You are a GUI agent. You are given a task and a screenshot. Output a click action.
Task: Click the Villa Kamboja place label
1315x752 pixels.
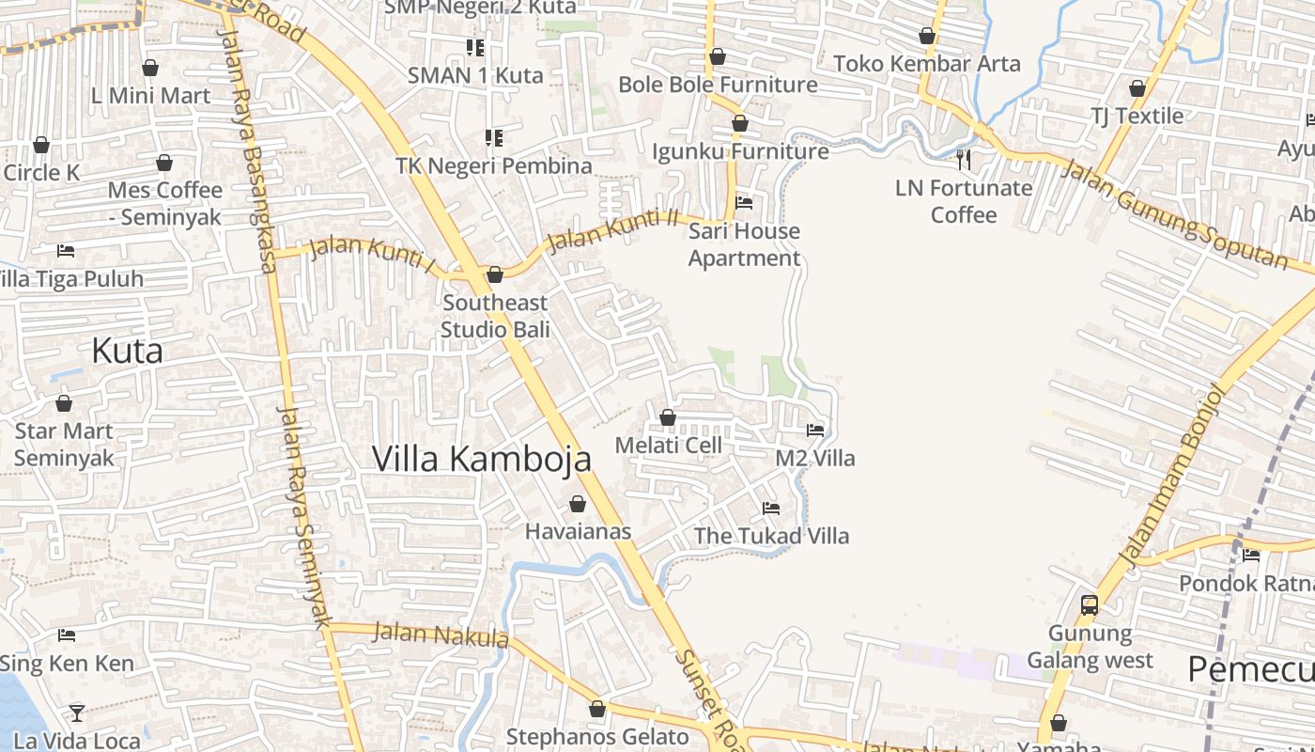click(482, 459)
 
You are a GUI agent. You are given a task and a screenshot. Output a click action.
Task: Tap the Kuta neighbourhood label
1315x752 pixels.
click(127, 351)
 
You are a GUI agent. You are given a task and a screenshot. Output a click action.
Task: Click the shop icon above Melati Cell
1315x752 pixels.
click(668, 417)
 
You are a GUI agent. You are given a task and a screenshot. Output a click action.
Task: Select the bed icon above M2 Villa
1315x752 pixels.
click(815, 431)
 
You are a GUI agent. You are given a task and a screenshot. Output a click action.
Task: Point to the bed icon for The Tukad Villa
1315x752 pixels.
click(771, 509)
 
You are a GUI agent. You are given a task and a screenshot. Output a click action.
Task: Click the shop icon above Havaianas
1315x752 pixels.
click(578, 505)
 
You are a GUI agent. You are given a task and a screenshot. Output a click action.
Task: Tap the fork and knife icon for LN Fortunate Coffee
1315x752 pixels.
click(963, 159)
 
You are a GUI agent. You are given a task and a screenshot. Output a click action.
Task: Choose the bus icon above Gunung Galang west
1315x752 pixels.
click(1090, 605)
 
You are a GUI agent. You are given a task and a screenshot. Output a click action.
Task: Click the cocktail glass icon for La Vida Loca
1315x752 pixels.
click(77, 713)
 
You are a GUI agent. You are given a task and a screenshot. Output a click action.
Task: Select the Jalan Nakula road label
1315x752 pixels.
click(441, 635)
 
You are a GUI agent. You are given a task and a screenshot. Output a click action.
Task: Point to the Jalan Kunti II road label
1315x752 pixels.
click(612, 231)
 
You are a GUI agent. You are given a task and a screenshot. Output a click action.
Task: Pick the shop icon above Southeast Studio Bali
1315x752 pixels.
click(495, 274)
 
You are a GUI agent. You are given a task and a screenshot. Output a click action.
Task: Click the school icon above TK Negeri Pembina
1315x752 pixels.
click(494, 138)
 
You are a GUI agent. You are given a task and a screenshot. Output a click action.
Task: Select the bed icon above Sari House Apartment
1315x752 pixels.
click(744, 202)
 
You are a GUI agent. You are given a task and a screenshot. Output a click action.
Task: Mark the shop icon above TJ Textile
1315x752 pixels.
click(1137, 89)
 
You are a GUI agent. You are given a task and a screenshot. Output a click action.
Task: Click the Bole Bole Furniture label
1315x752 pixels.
click(718, 85)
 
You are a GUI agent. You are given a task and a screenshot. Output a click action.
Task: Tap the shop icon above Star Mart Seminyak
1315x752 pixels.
click(64, 404)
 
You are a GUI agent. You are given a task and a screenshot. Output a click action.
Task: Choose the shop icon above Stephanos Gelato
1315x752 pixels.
click(597, 709)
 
